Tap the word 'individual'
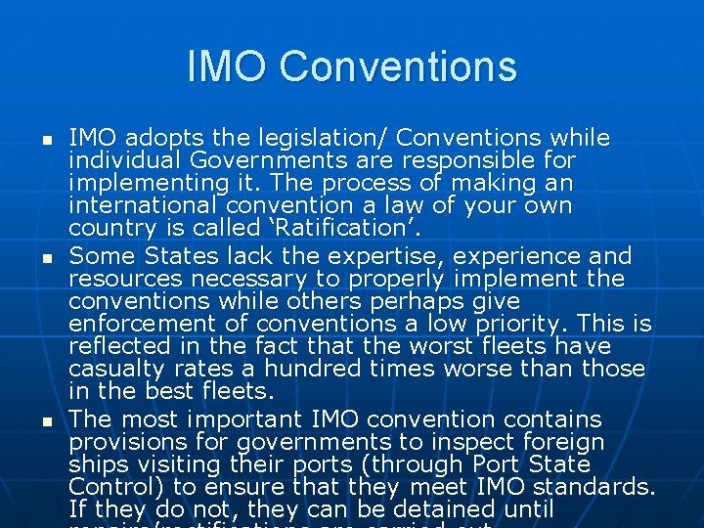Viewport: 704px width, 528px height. click(116, 160)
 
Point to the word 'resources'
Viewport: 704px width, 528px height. click(120, 279)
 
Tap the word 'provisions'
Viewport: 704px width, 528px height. click(120, 442)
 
